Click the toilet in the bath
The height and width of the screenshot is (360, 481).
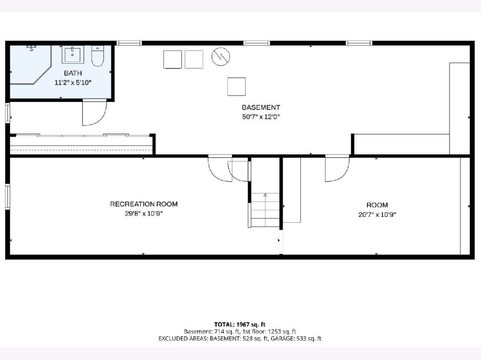coord(97,56)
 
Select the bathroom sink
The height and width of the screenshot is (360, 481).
coord(73,54)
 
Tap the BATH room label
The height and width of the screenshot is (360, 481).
coord(73,73)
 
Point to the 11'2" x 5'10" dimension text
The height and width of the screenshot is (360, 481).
coord(73,83)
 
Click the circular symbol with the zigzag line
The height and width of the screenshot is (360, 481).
coord(221,57)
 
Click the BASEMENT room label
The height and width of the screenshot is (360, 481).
coord(261,107)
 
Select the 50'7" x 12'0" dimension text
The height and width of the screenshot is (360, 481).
coord(261,117)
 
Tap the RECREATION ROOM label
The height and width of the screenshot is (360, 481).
coord(144,204)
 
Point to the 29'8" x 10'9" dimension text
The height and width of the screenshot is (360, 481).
coord(144,214)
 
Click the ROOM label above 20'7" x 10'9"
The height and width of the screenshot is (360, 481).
coord(377,205)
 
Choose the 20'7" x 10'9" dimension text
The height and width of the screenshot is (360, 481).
coord(377,215)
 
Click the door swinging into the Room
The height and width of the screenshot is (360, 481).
coord(337,168)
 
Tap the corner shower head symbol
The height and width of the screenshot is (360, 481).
coord(31,48)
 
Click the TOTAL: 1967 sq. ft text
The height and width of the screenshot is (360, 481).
coord(240,324)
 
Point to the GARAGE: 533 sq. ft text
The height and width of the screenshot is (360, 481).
coord(296,338)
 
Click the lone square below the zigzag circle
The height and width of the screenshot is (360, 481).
coord(236,86)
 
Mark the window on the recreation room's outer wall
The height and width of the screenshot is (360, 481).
coord(8,197)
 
